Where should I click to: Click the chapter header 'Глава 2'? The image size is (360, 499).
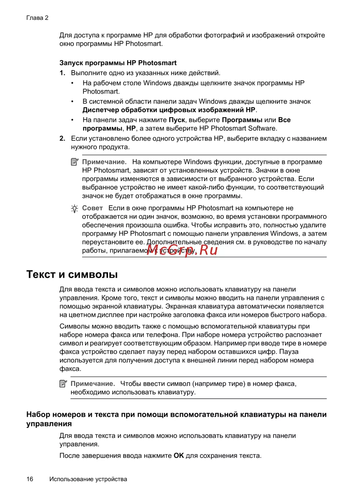pos(37,18)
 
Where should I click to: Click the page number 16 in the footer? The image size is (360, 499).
pos(30,479)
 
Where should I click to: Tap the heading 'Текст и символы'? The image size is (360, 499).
pos(72,274)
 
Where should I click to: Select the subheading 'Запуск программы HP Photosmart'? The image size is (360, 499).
pos(118,63)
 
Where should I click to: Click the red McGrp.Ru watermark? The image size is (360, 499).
pos(182,249)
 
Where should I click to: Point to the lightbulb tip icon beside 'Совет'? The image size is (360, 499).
pos(75,209)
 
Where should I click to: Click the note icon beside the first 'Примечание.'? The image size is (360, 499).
pos(75,162)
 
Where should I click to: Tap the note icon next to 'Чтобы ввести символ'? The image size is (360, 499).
pos(63,384)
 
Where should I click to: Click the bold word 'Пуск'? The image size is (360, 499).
pos(177,120)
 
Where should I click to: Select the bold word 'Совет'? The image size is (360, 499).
pos(93,208)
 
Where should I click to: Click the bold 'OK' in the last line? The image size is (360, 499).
pos(179,455)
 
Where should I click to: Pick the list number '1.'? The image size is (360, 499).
pos(62,73)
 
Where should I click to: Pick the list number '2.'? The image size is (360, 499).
pos(62,138)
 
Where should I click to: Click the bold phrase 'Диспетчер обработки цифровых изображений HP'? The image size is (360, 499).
pos(169,110)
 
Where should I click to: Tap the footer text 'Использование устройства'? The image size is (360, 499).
pos(88,479)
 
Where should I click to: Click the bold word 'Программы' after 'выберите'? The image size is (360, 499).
pos(242,120)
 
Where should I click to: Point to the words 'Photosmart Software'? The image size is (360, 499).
pos(243,128)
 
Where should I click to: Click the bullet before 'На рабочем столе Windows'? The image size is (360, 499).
pos(72,83)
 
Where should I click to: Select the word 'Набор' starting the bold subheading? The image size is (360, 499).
pos(38,414)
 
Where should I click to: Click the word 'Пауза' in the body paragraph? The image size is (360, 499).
pos(289,352)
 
